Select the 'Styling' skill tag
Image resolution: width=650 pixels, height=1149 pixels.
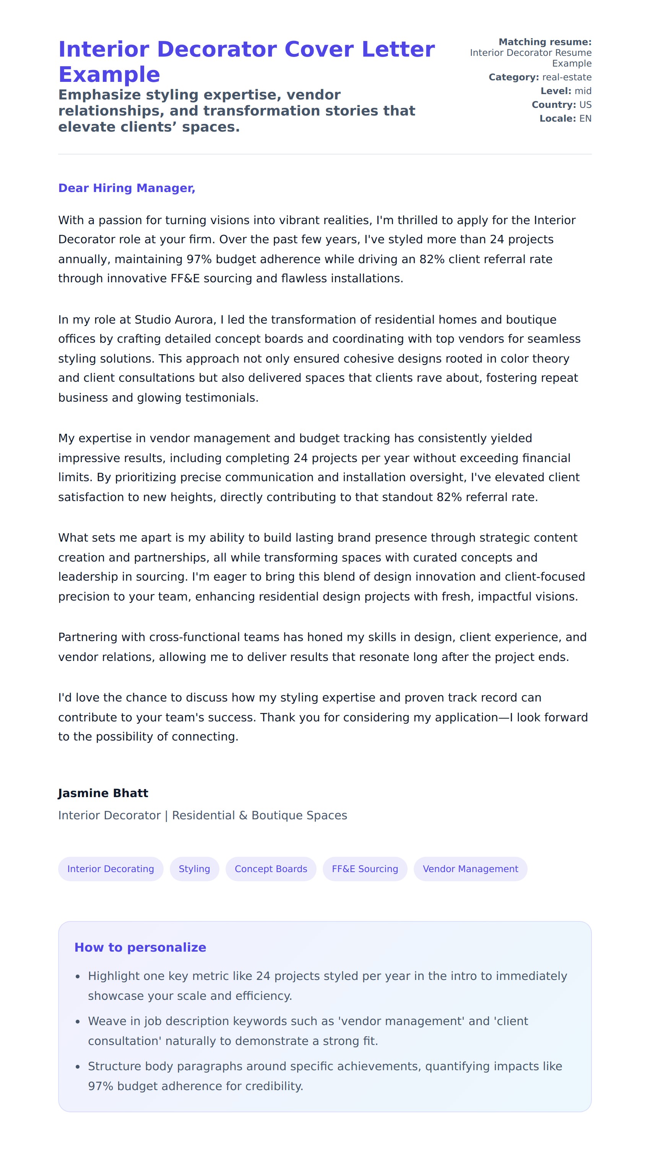pyautogui.click(x=194, y=869)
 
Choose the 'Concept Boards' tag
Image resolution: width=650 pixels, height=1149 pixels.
pyautogui.click(x=271, y=869)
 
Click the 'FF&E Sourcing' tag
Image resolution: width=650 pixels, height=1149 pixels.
pyautogui.click(x=364, y=869)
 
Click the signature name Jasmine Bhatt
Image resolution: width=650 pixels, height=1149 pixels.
pyautogui.click(x=103, y=793)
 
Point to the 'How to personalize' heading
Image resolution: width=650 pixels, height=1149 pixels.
pyautogui.click(x=140, y=947)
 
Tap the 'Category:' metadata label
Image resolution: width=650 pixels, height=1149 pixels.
pyautogui.click(x=513, y=77)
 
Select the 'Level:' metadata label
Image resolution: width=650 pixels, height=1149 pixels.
pyautogui.click(x=555, y=91)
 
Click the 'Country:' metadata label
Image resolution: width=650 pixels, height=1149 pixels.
pyautogui.click(x=554, y=105)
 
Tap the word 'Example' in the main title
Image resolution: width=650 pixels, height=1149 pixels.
pyautogui.click(x=109, y=75)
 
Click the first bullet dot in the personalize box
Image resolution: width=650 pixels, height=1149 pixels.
pyautogui.click(x=78, y=976)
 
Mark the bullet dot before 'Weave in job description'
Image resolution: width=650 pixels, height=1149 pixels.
pyautogui.click(x=78, y=1022)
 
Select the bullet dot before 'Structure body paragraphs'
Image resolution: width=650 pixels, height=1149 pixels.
pyautogui.click(x=78, y=1067)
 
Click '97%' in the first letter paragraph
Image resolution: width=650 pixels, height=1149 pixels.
pyautogui.click(x=199, y=259)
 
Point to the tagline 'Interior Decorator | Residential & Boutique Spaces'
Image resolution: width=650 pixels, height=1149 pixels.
pyautogui.click(x=202, y=815)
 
